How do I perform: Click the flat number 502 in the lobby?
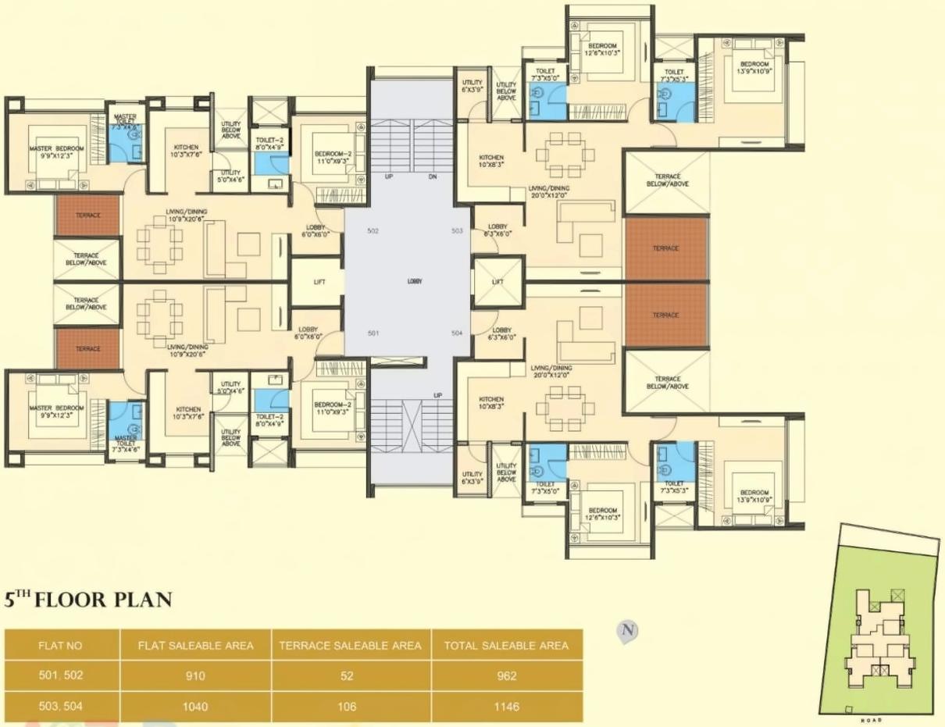click(373, 231)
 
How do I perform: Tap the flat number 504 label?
click(458, 333)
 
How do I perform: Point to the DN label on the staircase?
click(432, 176)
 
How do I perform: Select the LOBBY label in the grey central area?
click(414, 282)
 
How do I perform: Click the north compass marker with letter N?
click(626, 630)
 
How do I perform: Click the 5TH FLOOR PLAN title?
click(88, 600)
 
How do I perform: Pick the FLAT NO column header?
click(60, 646)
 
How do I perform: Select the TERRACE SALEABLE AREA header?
click(351, 646)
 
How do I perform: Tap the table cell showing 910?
click(195, 676)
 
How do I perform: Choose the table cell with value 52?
click(351, 676)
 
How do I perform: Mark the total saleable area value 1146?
click(506, 707)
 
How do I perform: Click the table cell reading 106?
click(351, 707)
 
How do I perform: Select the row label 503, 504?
click(60, 707)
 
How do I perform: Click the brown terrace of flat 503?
click(666, 248)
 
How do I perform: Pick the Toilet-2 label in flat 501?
click(269, 421)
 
